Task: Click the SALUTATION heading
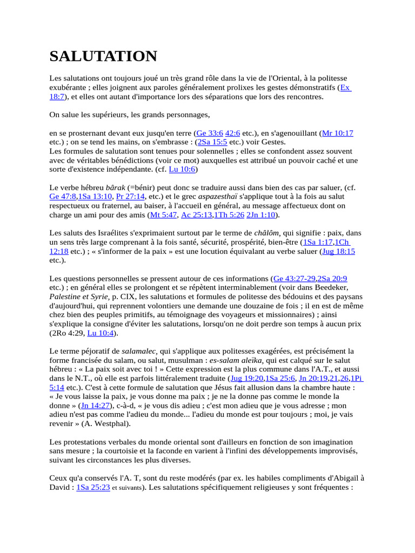103,56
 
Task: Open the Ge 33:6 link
210,133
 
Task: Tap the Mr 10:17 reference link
338,133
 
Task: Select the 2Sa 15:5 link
212,142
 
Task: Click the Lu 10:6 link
182,170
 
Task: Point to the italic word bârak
116,188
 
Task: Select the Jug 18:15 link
339,252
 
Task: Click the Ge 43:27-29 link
294,279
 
